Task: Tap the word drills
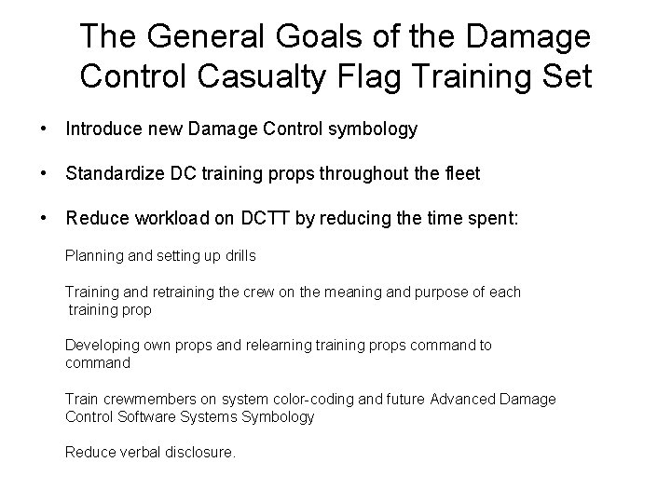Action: coord(239,254)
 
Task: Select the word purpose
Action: coord(442,292)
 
